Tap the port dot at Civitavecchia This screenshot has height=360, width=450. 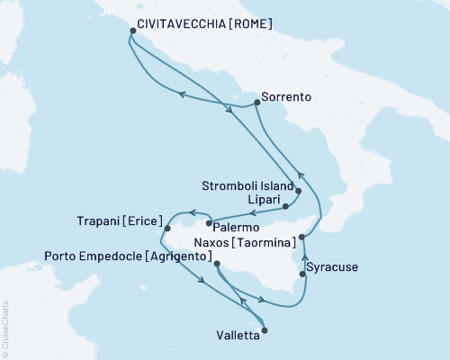(133, 31)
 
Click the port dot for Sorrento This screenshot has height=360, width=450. (256, 102)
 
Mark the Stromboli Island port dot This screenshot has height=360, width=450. (298, 191)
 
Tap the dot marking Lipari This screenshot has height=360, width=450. (285, 206)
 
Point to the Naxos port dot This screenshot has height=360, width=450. (301, 237)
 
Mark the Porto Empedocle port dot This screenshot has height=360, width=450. (215, 262)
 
